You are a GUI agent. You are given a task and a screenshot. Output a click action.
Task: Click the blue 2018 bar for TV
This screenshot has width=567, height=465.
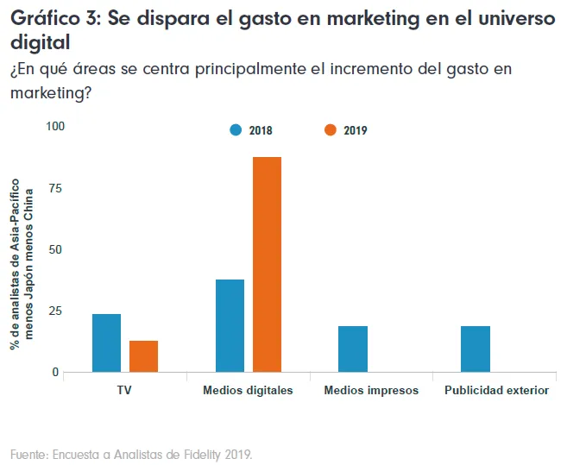[x=106, y=342]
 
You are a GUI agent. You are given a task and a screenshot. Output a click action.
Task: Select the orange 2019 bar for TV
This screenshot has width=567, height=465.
[x=143, y=356]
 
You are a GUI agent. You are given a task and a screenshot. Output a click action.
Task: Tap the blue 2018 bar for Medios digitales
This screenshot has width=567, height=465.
[x=230, y=325]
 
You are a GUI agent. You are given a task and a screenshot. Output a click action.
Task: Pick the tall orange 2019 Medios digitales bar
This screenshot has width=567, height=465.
[x=267, y=264]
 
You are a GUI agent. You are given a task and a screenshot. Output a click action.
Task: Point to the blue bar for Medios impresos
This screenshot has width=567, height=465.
[x=353, y=349]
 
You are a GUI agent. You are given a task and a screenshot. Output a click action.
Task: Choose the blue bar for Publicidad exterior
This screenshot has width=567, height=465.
[x=476, y=349]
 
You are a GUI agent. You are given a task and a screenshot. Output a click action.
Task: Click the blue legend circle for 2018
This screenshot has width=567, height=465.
[x=236, y=130]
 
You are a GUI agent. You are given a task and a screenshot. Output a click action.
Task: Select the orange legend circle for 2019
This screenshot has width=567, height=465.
[x=331, y=130]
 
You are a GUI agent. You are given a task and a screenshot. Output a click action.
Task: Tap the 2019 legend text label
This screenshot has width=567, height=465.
[x=356, y=131]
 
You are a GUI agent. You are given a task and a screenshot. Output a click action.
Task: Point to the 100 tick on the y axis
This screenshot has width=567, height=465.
[x=55, y=127]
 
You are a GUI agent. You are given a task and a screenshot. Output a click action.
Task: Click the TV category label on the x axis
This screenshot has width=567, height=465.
[x=124, y=390]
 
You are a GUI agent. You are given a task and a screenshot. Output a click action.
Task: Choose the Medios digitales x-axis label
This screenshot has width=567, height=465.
[x=248, y=390]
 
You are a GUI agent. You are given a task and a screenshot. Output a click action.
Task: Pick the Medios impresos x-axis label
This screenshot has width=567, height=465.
[x=371, y=390]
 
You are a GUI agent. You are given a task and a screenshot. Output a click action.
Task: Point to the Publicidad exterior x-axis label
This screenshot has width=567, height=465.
[x=496, y=390]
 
